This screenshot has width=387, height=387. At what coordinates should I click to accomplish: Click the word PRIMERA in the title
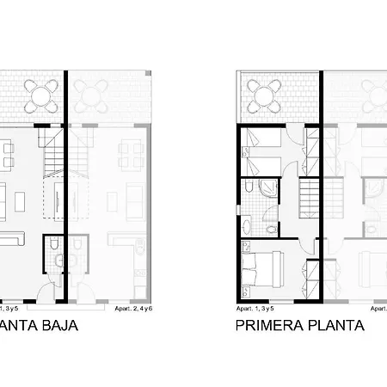point(267,326)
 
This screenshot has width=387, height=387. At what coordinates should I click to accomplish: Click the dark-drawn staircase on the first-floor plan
point(307,196)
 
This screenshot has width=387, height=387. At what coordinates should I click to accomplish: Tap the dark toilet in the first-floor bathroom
point(249,188)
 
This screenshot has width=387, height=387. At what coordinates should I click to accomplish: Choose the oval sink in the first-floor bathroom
point(248,225)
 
